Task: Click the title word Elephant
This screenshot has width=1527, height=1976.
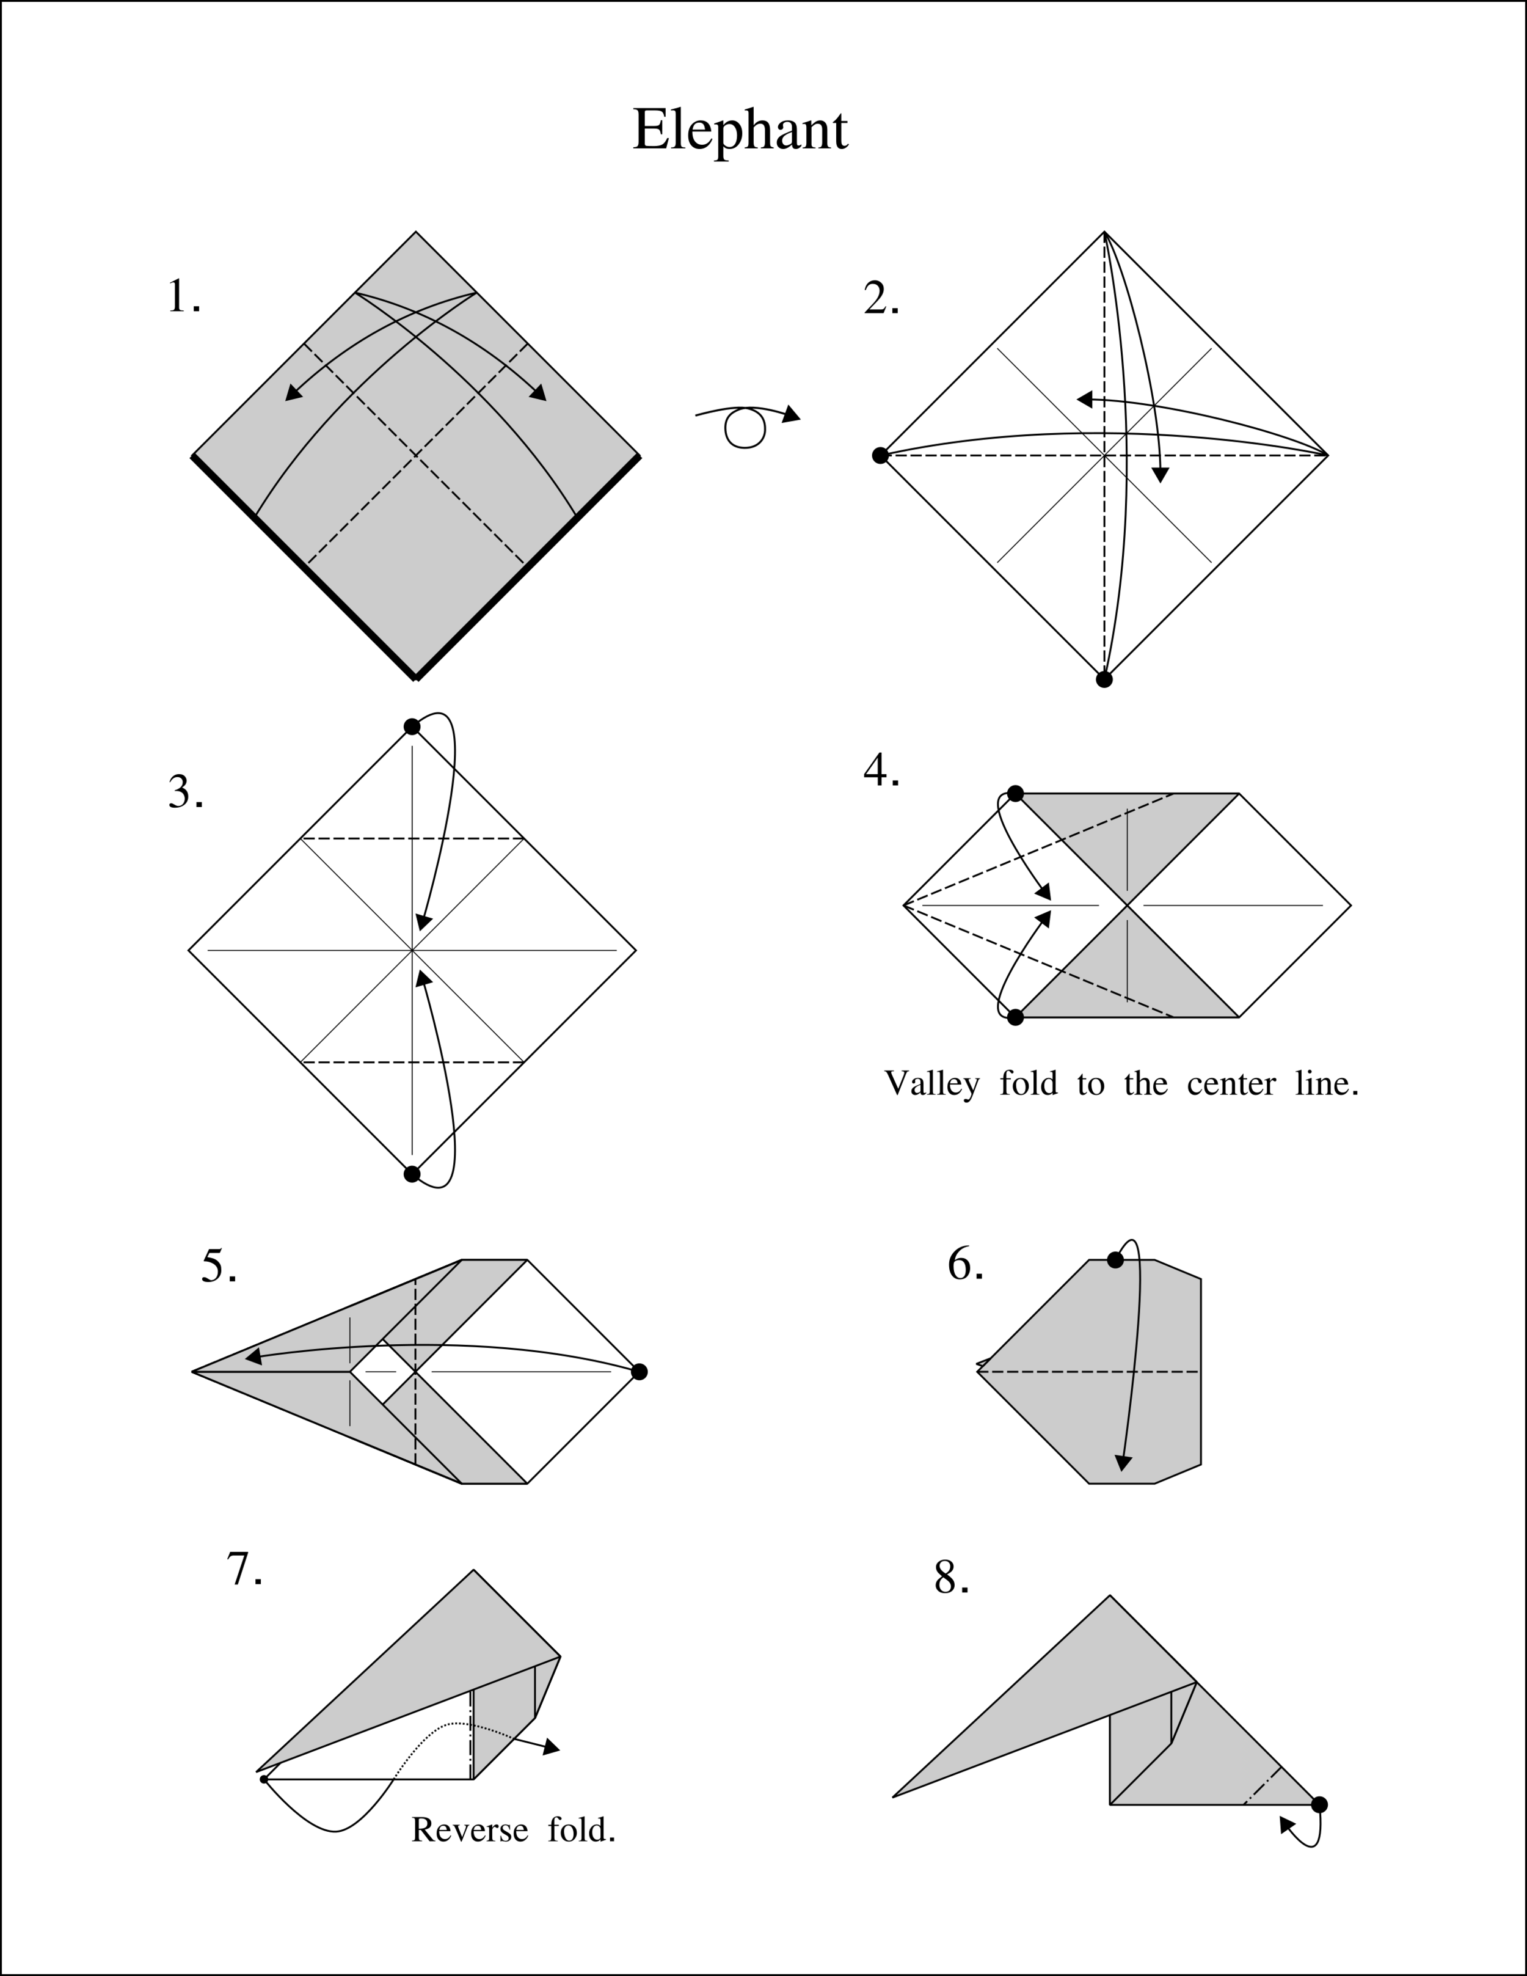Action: (x=739, y=130)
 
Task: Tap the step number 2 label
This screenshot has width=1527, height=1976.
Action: (x=880, y=299)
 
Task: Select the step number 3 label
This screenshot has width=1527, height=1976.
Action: (x=186, y=792)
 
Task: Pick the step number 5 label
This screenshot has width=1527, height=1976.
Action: (x=219, y=1266)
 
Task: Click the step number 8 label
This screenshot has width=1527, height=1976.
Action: (x=951, y=1577)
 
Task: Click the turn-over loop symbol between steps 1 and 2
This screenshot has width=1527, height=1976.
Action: (x=745, y=427)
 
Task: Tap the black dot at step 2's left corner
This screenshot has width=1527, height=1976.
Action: (x=880, y=455)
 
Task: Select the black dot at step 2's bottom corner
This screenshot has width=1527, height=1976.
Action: (x=1104, y=679)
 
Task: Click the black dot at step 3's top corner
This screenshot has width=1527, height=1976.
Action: (x=412, y=726)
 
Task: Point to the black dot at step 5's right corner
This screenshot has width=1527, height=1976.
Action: (x=639, y=1372)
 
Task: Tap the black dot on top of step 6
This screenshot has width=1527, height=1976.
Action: (x=1115, y=1259)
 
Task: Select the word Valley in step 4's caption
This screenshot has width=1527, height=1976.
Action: (x=931, y=1083)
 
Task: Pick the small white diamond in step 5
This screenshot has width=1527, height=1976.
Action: (x=382, y=1372)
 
